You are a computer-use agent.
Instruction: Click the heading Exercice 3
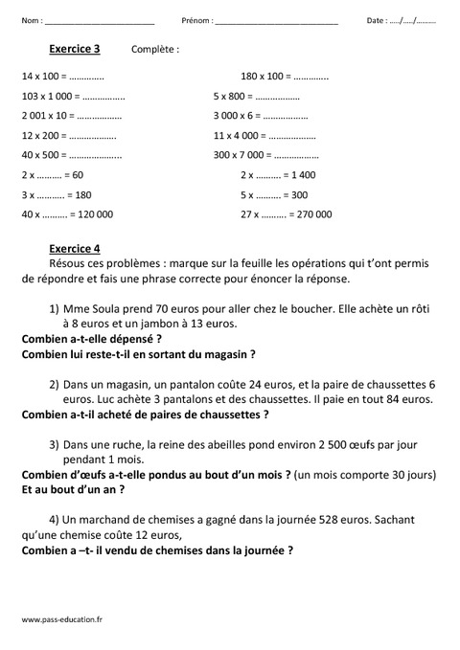coord(73,47)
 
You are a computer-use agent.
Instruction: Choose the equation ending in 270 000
coord(287,214)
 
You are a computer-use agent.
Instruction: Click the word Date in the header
coord(377,20)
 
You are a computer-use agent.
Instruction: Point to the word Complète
coord(155,48)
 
